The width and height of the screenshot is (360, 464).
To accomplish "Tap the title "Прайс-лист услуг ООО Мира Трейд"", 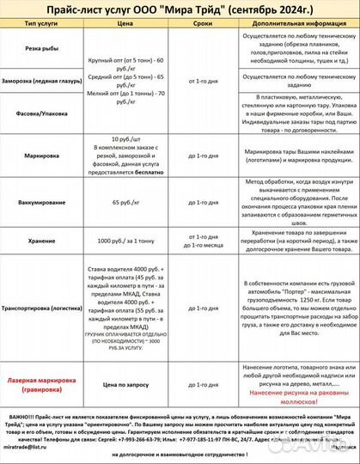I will pos(180,9).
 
